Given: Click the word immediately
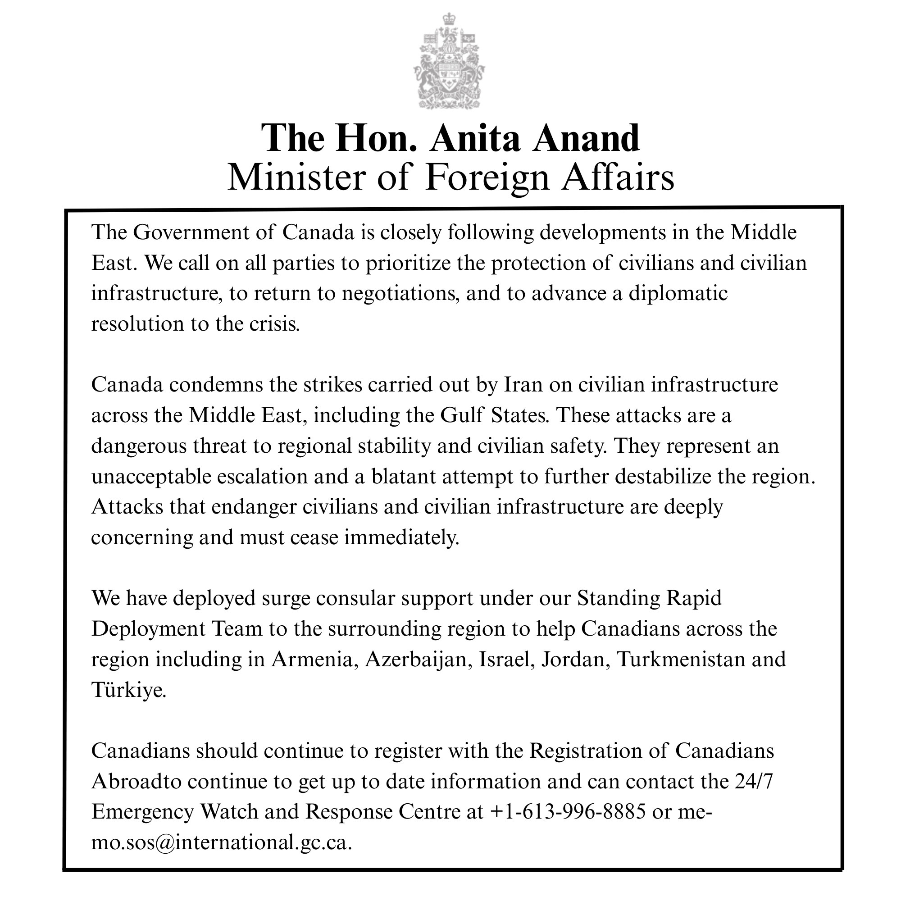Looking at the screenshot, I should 401,537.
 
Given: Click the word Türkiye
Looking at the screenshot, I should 128,690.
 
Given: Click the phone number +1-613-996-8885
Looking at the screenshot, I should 568,812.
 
